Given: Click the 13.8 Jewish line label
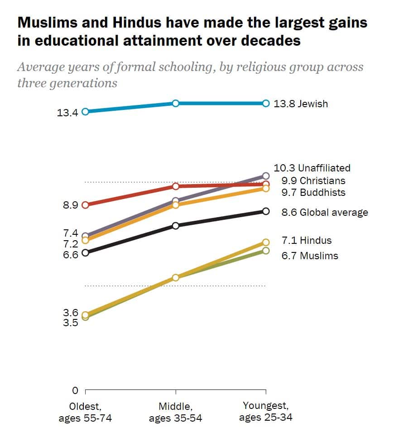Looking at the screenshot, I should point(300,104).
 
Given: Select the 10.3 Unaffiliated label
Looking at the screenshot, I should point(312,168).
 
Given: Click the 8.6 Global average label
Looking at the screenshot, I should point(324,212).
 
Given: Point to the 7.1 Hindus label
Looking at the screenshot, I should point(306,241).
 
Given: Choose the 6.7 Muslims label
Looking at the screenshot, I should point(309,256).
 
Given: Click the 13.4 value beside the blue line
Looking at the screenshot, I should point(67,113).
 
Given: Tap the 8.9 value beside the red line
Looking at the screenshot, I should point(70,205).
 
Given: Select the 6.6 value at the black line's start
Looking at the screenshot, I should point(70,254).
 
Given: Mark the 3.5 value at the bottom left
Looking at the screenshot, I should point(70,323).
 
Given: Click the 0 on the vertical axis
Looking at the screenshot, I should point(75,390).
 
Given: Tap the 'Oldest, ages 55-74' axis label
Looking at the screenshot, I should point(85,412).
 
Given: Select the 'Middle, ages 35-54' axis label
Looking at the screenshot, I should point(175,412).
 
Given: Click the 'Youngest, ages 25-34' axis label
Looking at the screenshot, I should point(265,411).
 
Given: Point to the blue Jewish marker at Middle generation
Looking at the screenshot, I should point(176,104).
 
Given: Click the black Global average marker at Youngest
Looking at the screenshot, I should point(266,211).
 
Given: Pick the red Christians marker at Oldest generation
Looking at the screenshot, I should point(85,204).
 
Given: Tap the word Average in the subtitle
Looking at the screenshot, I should point(42,68).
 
